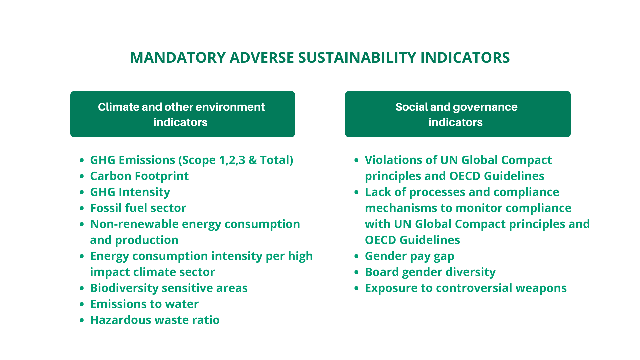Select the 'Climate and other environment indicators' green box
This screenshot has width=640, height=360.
(182, 114)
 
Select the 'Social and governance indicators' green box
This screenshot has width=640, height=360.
(457, 114)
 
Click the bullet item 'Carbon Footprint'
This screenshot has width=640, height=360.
(139, 176)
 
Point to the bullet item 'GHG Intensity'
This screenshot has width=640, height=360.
(130, 192)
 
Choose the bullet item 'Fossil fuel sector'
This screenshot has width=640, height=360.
(138, 208)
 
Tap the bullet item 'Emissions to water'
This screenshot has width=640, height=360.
(144, 304)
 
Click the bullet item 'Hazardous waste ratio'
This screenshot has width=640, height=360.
(155, 320)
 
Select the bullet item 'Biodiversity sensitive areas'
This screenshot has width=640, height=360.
(169, 288)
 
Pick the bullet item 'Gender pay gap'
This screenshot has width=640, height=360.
(409, 256)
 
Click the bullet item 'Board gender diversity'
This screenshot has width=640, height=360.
(430, 272)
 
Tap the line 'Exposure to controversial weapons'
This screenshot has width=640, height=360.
(465, 288)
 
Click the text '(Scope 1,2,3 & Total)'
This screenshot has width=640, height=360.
(236, 160)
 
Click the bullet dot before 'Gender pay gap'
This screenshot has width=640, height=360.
(356, 256)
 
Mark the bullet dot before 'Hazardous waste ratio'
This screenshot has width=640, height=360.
(82, 320)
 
